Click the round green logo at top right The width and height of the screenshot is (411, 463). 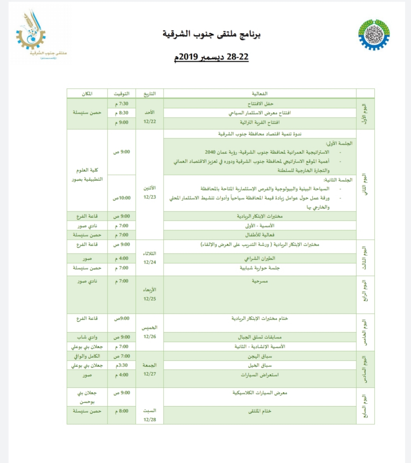tap(374, 35)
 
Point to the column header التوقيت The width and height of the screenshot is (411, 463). tap(121, 93)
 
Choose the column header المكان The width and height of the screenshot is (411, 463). tap(86, 93)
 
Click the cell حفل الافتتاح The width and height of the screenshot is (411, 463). tap(260, 103)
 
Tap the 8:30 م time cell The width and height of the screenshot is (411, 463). tap(121, 113)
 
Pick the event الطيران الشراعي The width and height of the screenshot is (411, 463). tap(260, 258)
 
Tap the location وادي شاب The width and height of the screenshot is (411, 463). tap(86, 337)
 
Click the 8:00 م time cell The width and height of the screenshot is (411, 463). tap(121, 411)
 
